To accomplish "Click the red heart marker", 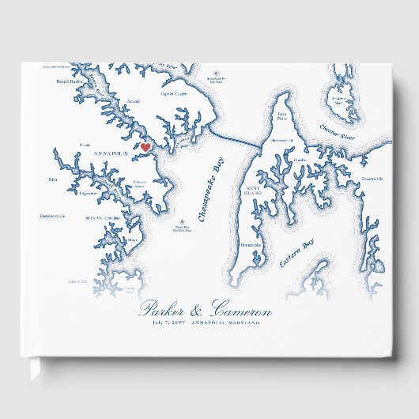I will point(145,147).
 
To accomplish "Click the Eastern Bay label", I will point(296,254).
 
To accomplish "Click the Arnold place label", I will point(134,102).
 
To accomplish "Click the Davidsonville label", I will point(52,216).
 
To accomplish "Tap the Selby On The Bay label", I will point(102,218).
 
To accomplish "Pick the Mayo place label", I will point(133,240).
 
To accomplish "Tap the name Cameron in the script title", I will point(242,311).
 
